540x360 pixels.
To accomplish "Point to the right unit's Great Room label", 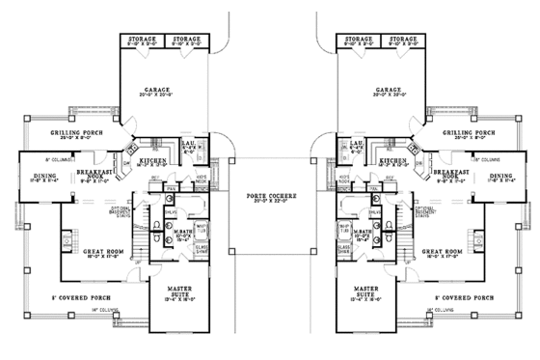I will [x=444, y=253].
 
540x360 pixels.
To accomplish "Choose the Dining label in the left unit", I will [x=36, y=175].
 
